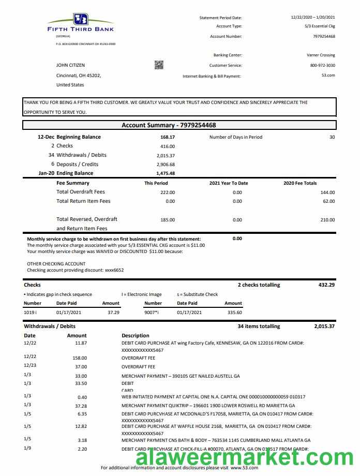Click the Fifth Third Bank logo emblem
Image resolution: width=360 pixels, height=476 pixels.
(81, 19)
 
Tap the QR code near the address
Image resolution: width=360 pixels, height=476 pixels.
(159, 65)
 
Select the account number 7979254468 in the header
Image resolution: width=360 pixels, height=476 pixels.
(324, 36)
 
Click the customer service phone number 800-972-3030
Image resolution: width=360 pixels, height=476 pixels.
(322, 65)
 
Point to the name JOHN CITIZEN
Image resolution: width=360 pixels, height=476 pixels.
(71, 65)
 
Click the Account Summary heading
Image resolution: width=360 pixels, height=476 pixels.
(169, 125)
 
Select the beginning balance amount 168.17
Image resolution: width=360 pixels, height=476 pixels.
(168, 137)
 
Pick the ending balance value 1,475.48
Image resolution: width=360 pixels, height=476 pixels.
(166, 173)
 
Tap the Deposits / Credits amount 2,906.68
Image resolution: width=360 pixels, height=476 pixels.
(166, 165)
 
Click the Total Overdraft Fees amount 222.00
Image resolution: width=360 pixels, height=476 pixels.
(168, 192)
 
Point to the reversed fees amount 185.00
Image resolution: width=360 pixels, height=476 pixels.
(168, 220)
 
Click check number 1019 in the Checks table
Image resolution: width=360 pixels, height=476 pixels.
(30, 313)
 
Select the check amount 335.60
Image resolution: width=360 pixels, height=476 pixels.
(234, 313)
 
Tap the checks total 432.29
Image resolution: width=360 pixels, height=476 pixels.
(325, 285)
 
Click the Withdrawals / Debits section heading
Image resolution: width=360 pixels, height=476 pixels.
(50, 326)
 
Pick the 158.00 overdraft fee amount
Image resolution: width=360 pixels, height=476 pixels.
(80, 358)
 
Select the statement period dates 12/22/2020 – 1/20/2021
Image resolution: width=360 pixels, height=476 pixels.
(312, 18)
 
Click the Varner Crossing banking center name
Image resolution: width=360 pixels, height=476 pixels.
(321, 55)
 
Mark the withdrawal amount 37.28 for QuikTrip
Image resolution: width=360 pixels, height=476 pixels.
(81, 406)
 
